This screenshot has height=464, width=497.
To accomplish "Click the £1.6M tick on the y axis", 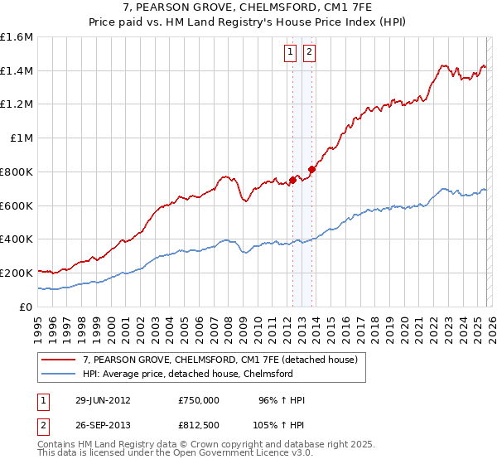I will [17, 37].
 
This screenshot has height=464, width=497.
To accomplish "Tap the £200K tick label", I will [17, 273].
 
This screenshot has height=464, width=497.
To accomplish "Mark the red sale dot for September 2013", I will [311, 169].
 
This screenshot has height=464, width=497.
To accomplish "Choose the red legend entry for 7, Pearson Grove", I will [220, 360].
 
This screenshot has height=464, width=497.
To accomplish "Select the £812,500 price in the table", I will [199, 425].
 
